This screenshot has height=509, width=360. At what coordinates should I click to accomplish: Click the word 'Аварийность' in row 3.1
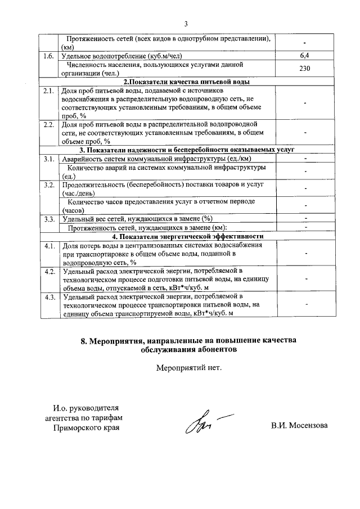[x=84, y=159]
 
